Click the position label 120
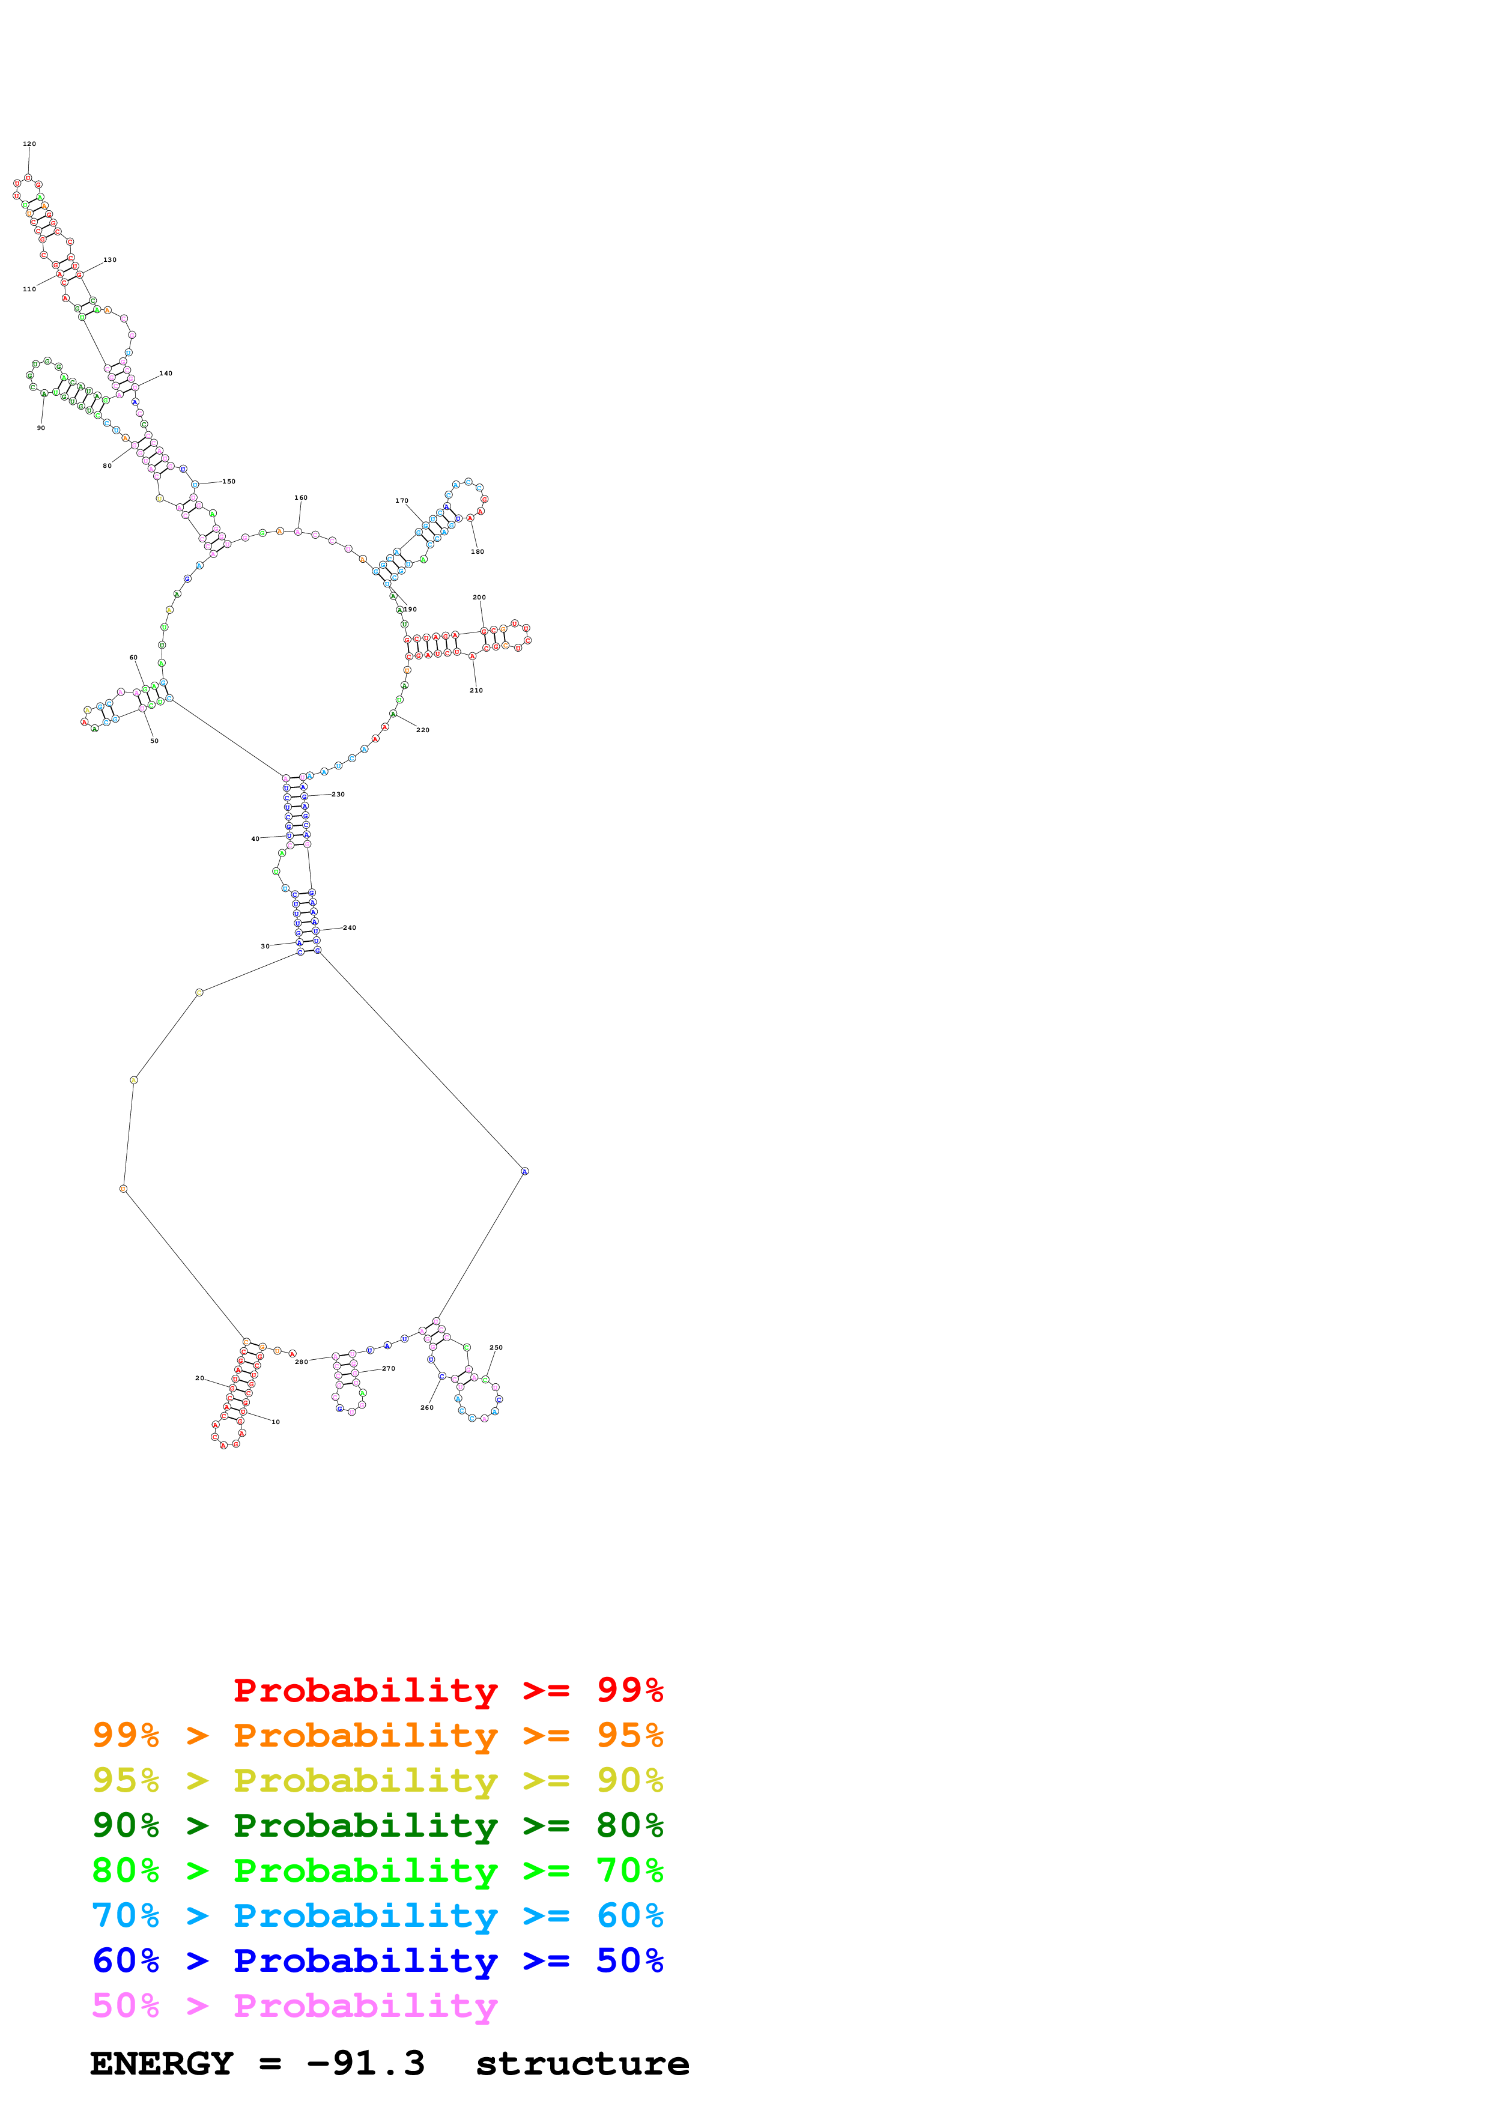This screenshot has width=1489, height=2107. [x=29, y=144]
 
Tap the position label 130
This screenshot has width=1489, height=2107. [x=110, y=259]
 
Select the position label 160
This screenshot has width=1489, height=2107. [x=301, y=497]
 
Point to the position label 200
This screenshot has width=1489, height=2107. [x=479, y=598]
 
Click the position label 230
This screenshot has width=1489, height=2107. [x=339, y=795]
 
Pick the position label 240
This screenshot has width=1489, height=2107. [x=350, y=928]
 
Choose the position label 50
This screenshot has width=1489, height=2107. [x=154, y=741]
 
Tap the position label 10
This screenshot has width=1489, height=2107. [x=275, y=1422]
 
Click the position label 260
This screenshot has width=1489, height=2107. [x=426, y=1408]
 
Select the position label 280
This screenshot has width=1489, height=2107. [x=301, y=1362]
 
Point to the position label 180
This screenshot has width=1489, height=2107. [x=477, y=551]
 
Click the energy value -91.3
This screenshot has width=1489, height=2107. [x=366, y=2063]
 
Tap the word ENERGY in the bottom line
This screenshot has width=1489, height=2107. [x=162, y=2063]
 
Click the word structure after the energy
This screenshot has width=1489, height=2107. [x=581, y=2063]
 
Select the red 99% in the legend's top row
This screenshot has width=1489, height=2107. [x=629, y=1690]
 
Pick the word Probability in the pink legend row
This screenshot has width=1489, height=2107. [x=365, y=2006]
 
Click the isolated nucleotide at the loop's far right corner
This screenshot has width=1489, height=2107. [x=525, y=1171]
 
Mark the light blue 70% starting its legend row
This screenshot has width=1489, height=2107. [x=126, y=1916]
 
